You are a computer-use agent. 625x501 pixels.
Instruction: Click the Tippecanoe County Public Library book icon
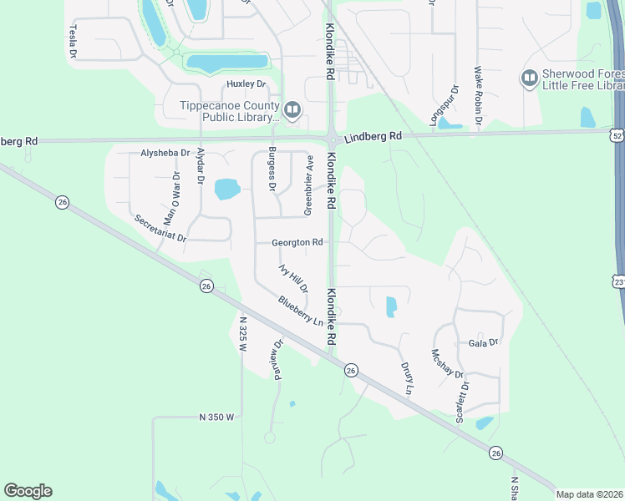tap(292, 109)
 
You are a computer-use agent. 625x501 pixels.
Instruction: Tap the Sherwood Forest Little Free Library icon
tap(528, 79)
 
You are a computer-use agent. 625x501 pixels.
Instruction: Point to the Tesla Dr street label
tap(73, 41)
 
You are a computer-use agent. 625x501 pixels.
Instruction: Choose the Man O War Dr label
tap(171, 200)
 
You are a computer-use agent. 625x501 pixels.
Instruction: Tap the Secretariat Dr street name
tap(161, 227)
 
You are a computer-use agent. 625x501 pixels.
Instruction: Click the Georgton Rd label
tap(297, 243)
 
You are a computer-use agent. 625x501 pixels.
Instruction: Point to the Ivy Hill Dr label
tap(293, 277)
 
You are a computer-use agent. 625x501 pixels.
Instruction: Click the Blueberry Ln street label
tap(301, 311)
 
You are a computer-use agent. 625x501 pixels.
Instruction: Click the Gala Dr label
tap(483, 342)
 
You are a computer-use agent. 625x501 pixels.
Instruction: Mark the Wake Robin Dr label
tap(479, 96)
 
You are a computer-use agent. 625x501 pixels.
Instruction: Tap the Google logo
tap(28, 490)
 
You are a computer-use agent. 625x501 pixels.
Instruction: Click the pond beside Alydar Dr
tap(227, 190)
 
